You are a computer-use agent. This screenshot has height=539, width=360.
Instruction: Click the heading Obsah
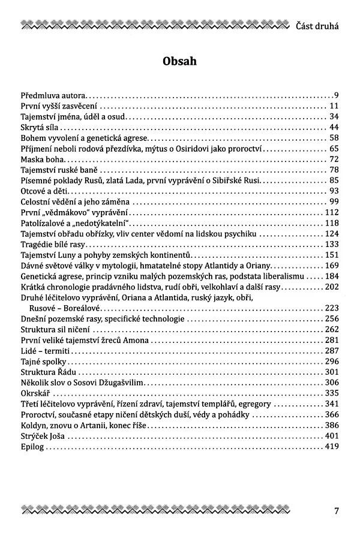click(180, 62)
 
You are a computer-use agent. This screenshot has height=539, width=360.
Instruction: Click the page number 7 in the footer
click(337, 511)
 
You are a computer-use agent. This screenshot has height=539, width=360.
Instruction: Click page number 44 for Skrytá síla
click(334, 127)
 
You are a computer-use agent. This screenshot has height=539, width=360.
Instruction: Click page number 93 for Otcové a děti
click(334, 191)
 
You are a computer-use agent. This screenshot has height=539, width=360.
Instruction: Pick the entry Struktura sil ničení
click(56, 330)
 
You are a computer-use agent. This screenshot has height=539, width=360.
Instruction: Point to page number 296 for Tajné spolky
click(332, 362)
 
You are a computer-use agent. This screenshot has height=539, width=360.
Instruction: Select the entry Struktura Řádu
click(47, 372)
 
